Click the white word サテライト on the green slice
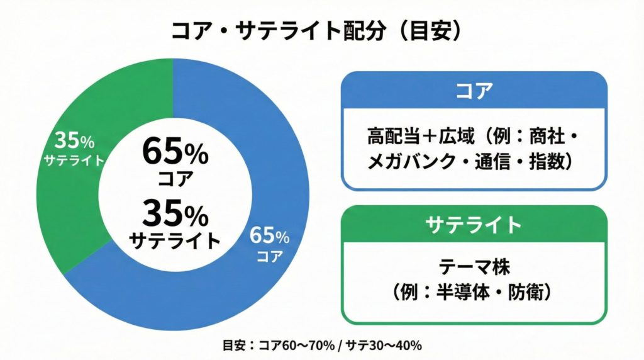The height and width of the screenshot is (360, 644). [x=74, y=160]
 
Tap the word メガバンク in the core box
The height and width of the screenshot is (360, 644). [x=409, y=162]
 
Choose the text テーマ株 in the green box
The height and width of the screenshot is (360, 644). [x=474, y=267]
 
